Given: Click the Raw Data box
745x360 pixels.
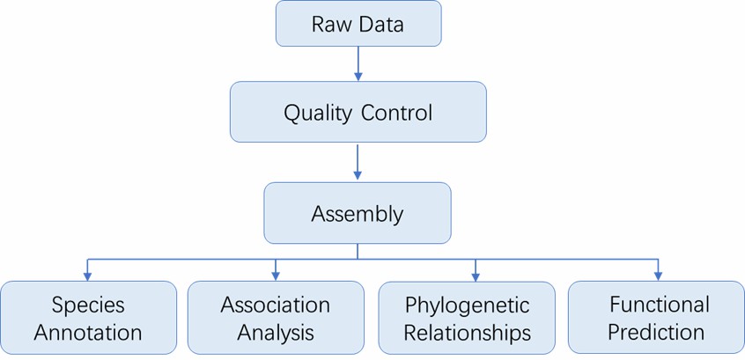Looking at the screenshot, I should (x=358, y=24).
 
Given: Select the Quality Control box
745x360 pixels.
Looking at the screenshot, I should (x=358, y=112).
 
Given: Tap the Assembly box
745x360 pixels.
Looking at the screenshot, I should (x=358, y=213).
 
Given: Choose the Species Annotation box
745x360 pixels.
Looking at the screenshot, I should (x=88, y=319).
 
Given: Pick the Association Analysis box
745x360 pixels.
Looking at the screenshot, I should (x=276, y=319).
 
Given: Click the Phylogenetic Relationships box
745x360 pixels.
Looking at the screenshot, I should (x=467, y=319).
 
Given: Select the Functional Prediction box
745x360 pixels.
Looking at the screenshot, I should (x=656, y=319).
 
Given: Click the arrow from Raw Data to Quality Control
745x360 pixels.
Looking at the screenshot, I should (x=358, y=63).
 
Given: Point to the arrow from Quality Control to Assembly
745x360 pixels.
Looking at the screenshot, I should (x=358, y=162).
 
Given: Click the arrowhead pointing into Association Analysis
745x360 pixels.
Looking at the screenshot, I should (x=276, y=276).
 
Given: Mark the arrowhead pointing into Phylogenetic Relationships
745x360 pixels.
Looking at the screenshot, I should (x=476, y=276).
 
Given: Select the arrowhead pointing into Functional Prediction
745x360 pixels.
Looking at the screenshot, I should (x=658, y=276).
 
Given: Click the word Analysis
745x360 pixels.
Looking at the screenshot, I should (x=276, y=334).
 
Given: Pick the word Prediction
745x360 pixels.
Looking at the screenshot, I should (x=656, y=333).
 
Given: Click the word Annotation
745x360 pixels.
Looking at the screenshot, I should (x=88, y=334).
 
